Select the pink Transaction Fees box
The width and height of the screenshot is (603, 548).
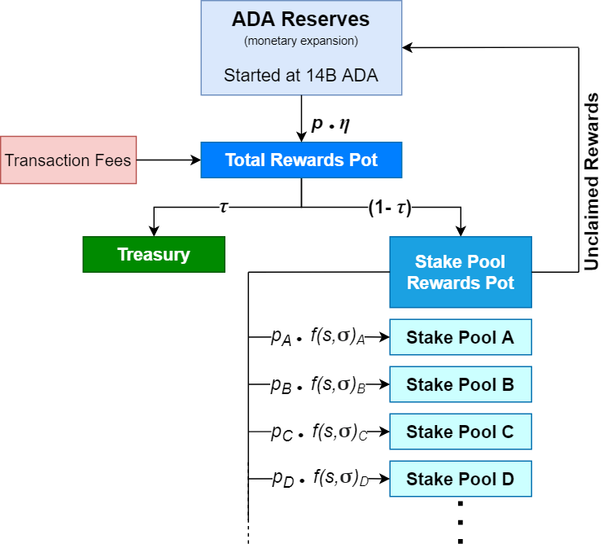(68, 160)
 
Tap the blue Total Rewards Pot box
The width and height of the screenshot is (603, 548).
(301, 160)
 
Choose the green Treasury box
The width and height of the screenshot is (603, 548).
(153, 254)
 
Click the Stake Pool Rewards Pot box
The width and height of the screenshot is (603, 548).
(460, 272)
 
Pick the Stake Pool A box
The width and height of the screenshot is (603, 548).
(460, 337)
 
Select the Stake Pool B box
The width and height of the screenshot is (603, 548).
(460, 384)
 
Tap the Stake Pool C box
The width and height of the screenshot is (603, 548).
(460, 432)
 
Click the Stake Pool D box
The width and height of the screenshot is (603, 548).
(460, 479)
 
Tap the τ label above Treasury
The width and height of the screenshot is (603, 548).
(224, 207)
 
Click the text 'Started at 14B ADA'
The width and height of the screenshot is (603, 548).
(301, 77)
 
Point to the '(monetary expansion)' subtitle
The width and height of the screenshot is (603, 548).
(301, 41)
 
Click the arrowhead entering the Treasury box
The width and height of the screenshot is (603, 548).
(153, 231)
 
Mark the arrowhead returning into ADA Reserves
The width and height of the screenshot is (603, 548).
(408, 47)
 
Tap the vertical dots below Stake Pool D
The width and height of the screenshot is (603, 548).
(460, 521)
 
